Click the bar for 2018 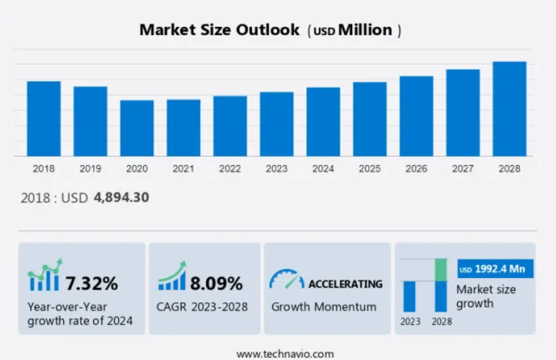tap(44, 119)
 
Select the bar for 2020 tap(137, 128)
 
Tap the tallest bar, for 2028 tap(509, 109)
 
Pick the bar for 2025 tap(369, 119)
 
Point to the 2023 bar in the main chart tap(276, 124)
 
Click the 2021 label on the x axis tap(184, 169)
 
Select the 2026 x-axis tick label tap(416, 169)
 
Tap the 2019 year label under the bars tap(90, 169)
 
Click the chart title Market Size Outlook tap(219, 29)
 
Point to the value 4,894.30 tap(122, 198)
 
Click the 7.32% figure tap(92, 283)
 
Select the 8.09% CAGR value tap(216, 283)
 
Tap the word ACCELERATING tap(345, 283)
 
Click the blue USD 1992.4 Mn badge tap(495, 269)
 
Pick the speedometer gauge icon tap(286, 280)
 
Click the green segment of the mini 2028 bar tap(441, 270)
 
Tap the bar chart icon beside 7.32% tap(44, 278)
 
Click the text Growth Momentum tap(324, 306)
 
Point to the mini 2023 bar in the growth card tap(410, 296)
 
